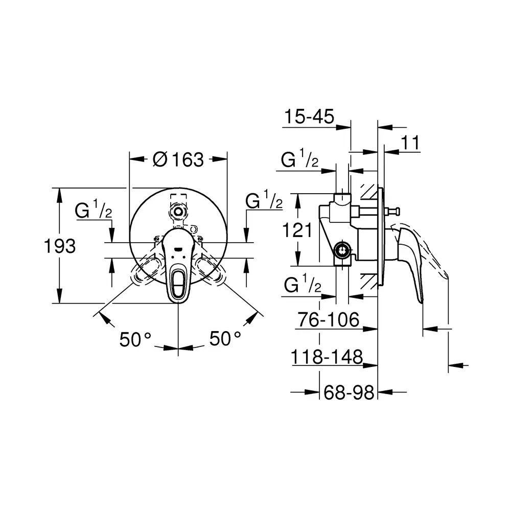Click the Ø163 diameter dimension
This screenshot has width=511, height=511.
coord(178,159)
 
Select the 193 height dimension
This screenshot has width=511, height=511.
coord(60,246)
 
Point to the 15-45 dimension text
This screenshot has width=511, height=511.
coord(309,117)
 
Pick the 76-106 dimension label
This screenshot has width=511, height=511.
coord(329,319)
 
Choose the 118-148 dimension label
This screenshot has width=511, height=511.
coord(327,357)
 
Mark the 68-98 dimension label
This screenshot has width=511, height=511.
coord(349,392)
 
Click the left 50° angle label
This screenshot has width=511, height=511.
coord(135,339)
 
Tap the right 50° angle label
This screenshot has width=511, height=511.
coord(225,338)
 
